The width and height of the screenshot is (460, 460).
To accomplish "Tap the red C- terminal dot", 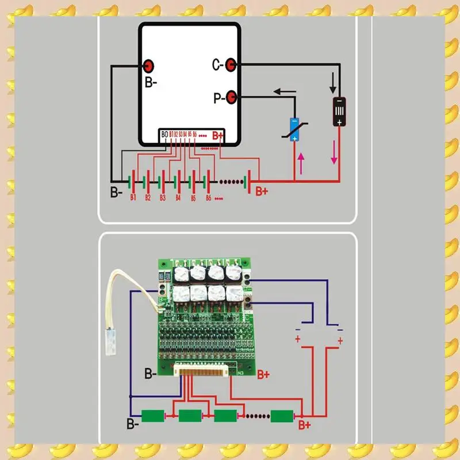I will click(231, 64).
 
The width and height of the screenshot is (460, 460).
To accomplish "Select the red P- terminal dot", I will click(231, 97).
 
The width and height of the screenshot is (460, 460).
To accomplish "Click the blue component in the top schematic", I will click(294, 128).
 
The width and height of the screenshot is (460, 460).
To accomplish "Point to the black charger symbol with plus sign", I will click(340, 112).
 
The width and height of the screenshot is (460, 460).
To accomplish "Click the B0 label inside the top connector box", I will click(165, 135).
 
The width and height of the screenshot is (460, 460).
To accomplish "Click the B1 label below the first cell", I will click(133, 197).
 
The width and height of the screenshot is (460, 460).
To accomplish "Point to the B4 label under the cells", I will click(178, 197).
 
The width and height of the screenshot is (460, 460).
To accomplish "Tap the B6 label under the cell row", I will click(209, 197).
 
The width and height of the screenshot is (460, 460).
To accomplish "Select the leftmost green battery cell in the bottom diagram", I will click(152, 415).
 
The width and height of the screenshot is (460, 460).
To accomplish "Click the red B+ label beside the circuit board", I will click(263, 374).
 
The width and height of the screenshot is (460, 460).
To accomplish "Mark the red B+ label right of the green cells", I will click(304, 425).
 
